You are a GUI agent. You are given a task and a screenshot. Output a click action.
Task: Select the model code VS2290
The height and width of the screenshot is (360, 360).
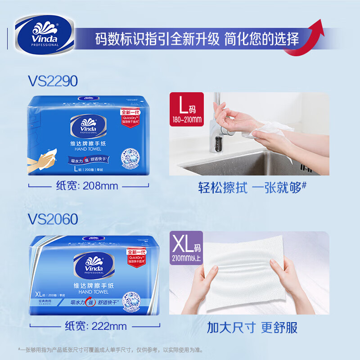[52, 81]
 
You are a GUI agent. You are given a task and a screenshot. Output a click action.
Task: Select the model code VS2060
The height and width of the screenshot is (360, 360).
[53, 219]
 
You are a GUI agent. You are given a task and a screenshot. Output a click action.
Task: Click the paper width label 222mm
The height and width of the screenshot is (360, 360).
[96, 326]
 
